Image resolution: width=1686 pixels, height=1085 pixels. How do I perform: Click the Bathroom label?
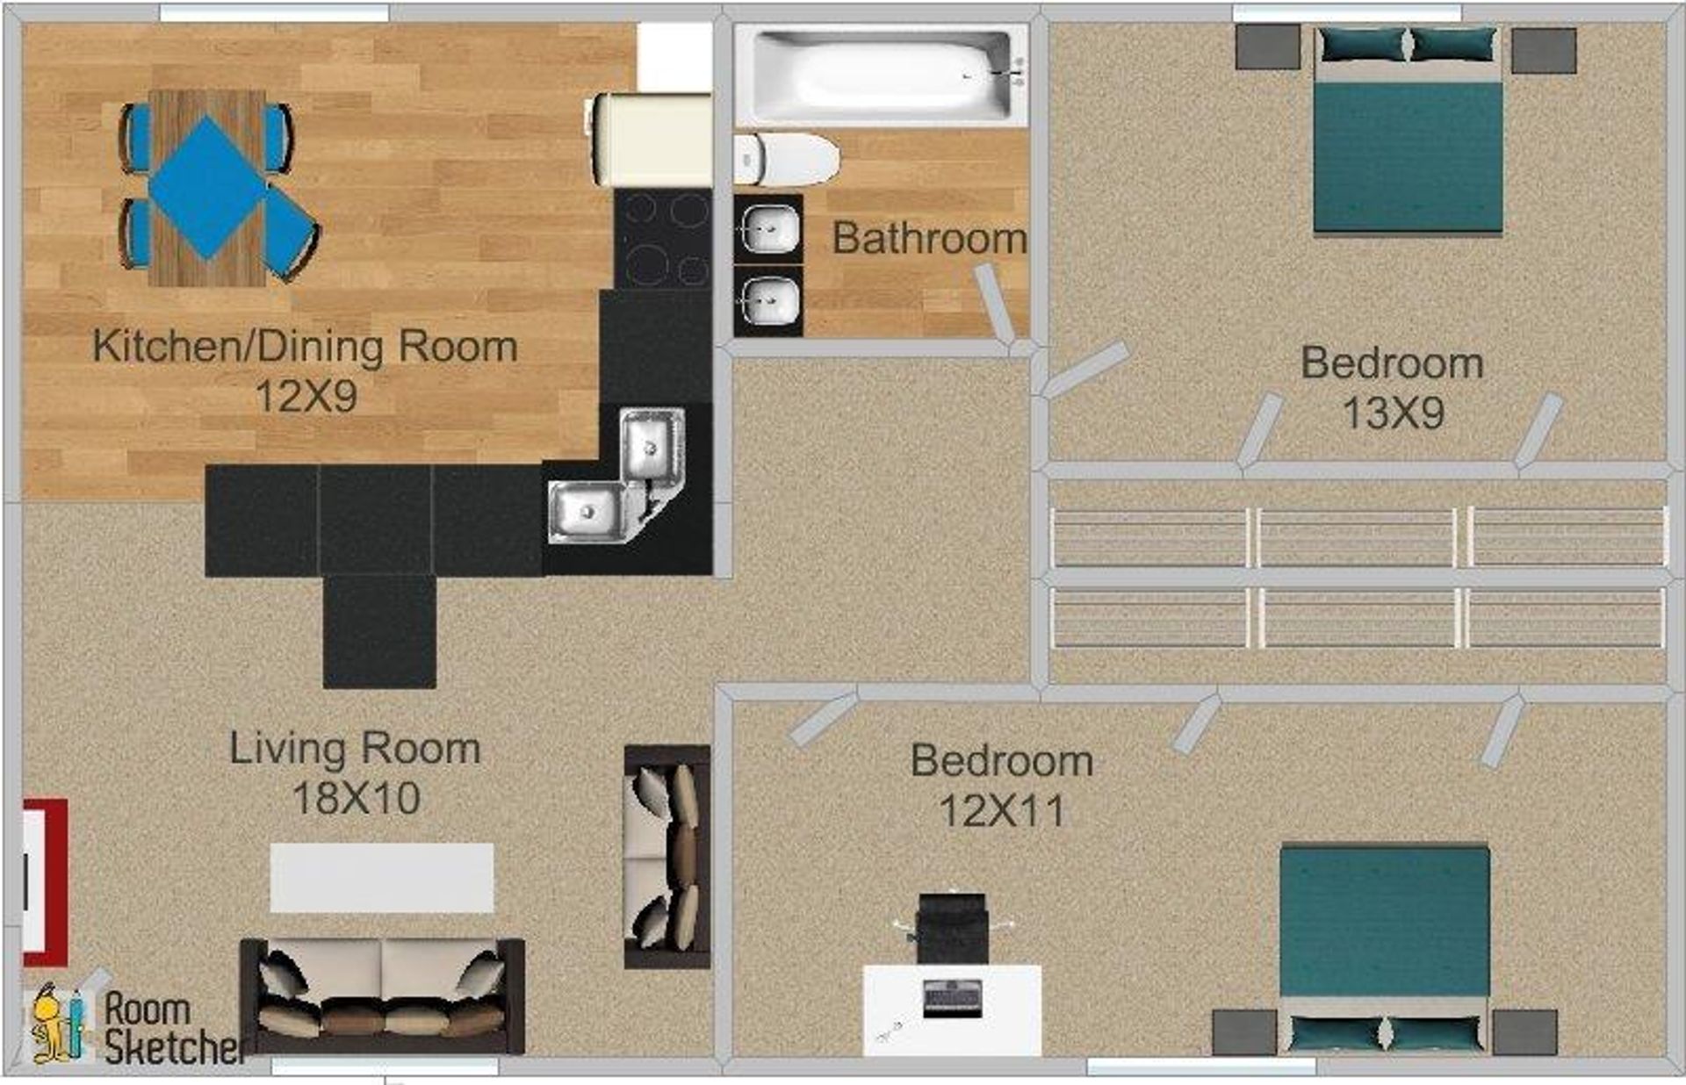click(929, 238)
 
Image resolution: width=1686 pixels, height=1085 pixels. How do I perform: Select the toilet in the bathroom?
click(788, 160)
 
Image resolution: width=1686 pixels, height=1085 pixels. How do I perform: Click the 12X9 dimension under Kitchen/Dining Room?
click(306, 397)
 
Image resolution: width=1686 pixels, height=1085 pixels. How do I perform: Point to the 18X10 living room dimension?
click(356, 798)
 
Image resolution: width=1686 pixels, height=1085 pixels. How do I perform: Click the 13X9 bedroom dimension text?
click(1393, 413)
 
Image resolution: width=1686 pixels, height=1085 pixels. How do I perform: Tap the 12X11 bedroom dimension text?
click(1001, 810)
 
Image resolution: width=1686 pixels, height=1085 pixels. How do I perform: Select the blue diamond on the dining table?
click(207, 188)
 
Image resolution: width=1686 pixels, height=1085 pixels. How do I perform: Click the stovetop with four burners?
click(663, 239)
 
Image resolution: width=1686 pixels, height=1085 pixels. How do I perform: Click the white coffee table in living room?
click(382, 878)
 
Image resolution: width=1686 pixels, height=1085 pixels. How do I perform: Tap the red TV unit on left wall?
click(44, 882)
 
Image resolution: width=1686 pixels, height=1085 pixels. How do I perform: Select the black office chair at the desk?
click(952, 929)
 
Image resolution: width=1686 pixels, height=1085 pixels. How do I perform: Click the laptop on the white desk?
click(953, 999)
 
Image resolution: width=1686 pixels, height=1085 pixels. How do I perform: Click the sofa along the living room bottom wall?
click(383, 996)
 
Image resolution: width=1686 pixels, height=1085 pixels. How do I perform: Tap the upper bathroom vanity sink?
click(769, 230)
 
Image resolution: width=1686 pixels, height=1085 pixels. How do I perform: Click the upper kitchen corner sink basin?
click(652, 445)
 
